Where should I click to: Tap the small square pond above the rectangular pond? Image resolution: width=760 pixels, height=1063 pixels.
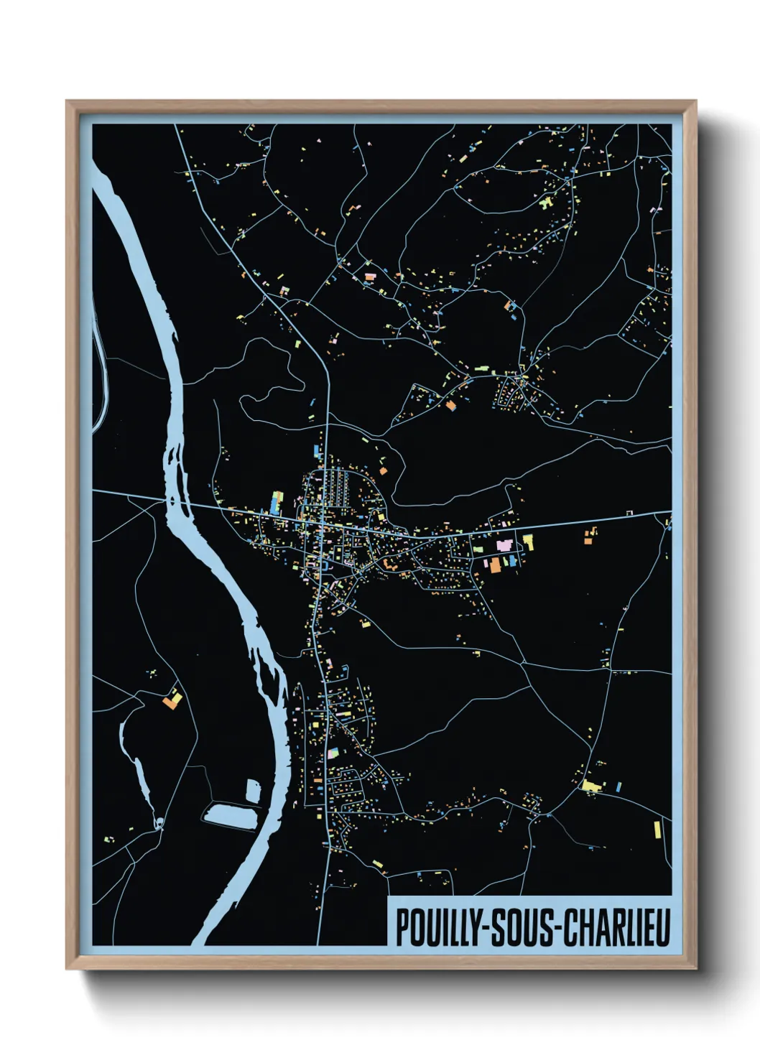(252, 790)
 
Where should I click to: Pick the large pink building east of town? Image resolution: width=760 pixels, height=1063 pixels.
(505, 545)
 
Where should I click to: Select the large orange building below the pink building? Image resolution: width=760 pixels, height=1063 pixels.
(496, 565)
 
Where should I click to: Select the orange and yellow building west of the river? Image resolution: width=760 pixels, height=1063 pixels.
(172, 699)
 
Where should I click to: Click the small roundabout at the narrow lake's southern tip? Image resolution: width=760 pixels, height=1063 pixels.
(159, 823)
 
